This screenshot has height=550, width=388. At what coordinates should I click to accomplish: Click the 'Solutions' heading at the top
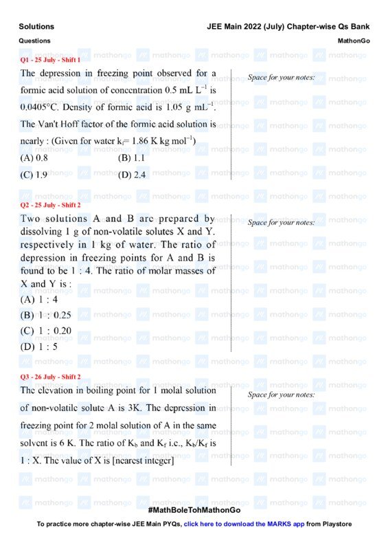coord(36,27)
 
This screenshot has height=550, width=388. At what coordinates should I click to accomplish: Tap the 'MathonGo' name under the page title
coord(354,41)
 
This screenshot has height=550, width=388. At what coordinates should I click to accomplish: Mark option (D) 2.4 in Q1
coord(132,175)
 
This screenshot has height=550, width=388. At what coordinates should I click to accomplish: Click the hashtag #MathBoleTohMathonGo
coord(194,511)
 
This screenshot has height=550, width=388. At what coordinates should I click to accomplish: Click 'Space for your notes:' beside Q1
coord(281,78)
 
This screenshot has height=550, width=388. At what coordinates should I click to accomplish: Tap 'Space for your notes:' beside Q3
coord(281,395)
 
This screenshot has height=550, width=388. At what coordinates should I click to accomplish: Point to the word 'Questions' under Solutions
coord(34,41)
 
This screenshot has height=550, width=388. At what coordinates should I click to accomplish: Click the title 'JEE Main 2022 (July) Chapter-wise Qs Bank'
coord(288,27)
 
